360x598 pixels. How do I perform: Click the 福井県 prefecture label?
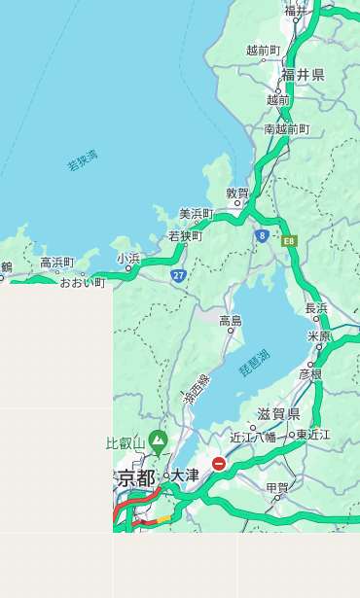pos(303,75)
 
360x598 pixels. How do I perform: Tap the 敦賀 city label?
pos(237,193)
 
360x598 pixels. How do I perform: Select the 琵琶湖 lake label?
pos(254,363)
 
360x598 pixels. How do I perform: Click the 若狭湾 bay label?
pos(83,160)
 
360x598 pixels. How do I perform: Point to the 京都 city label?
pos(137,477)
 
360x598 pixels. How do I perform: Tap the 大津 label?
pos(186,475)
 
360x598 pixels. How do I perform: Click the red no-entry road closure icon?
pos(219,464)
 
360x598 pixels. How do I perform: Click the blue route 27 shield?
pos(179,275)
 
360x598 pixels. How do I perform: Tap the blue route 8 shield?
pos(262,235)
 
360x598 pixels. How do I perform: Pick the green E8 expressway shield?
pos(289,240)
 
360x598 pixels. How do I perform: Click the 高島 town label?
pos(231,321)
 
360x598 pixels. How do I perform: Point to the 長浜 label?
pos(316,308)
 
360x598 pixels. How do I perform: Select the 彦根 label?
pos(309,373)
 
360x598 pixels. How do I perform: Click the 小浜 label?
pos(128,258)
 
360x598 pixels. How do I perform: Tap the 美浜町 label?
pos(196,214)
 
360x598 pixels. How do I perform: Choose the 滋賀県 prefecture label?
pos(278,413)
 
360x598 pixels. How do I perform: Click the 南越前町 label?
pos(286,128)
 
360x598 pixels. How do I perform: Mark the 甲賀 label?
pos(277,487)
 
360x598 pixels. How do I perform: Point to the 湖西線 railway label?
pos(196,389)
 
